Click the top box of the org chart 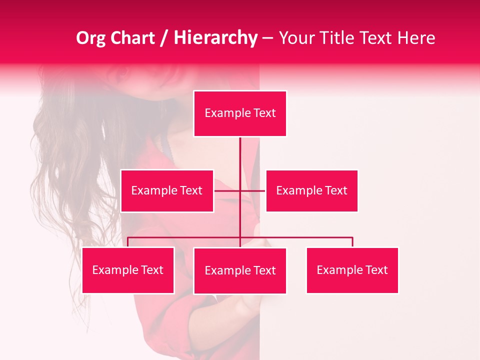[x=240, y=113]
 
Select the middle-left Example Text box [x=167, y=190]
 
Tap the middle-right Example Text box [x=311, y=190]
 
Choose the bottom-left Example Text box [x=128, y=270]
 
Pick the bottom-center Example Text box [x=240, y=270]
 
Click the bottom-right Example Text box [x=352, y=270]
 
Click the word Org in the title [x=91, y=38]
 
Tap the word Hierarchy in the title [x=215, y=38]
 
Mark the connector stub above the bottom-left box [x=128, y=242]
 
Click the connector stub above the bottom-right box [x=352, y=242]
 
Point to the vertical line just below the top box [x=240, y=150]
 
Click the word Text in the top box [x=264, y=113]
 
